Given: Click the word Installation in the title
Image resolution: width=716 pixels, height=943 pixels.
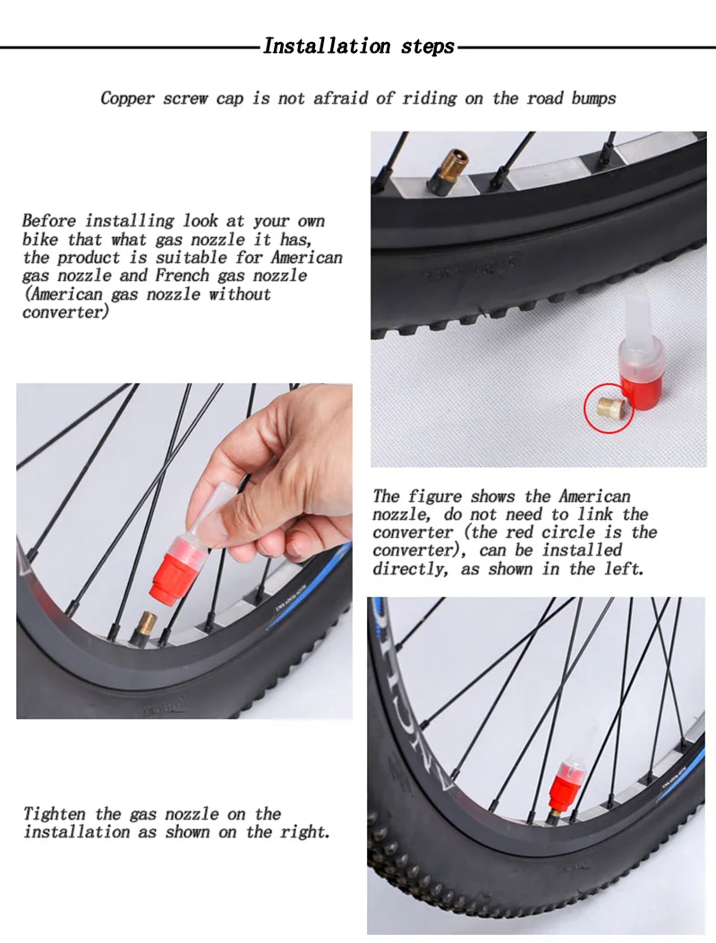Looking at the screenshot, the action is pyautogui.click(x=327, y=46).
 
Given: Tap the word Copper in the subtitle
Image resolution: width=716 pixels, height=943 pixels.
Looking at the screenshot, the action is pyautogui.click(x=128, y=98).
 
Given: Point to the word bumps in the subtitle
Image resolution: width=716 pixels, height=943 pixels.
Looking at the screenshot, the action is pyautogui.click(x=593, y=98).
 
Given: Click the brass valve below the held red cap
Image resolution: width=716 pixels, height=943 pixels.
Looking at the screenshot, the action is pyautogui.click(x=147, y=627).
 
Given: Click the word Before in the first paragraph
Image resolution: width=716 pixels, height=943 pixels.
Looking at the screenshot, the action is pyautogui.click(x=50, y=221).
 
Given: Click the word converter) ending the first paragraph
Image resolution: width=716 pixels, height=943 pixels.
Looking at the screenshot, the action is pyautogui.click(x=66, y=312).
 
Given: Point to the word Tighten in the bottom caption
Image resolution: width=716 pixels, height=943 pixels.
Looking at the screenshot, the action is pyautogui.click(x=55, y=814).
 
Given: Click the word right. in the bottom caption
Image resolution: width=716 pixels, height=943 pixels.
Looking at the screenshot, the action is pyautogui.click(x=304, y=832).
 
